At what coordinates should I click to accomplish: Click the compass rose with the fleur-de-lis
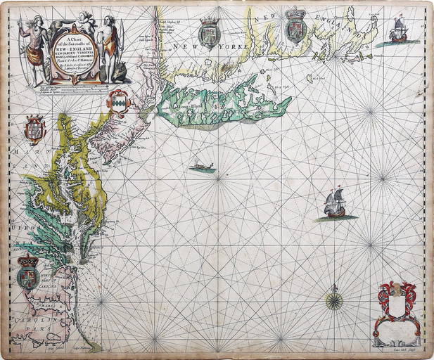(334, 301)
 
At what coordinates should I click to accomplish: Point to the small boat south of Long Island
(202, 167)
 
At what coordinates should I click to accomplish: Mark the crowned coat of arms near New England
(295, 31)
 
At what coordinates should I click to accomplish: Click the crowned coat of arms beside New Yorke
(209, 33)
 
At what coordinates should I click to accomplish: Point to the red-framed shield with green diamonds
(117, 103)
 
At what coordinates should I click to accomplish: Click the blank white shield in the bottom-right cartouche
(399, 303)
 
